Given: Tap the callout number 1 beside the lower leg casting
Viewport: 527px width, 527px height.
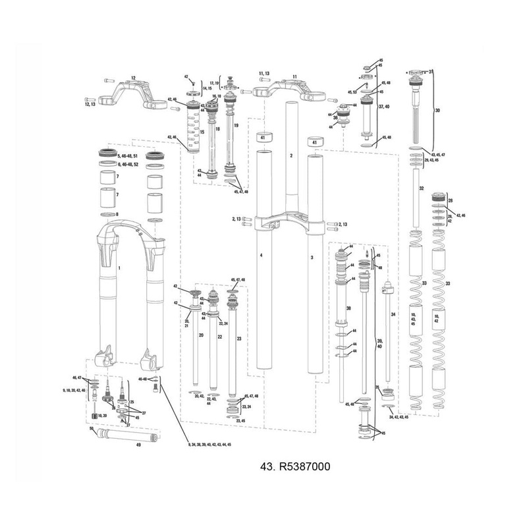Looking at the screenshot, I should pyautogui.click(x=119, y=269).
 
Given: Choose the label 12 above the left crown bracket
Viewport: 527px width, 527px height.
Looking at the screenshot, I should pyautogui.click(x=133, y=78).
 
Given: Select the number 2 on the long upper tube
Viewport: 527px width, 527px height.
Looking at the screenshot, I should pyautogui.click(x=291, y=156).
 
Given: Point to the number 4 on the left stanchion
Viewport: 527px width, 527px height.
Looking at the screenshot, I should pyautogui.click(x=261, y=254).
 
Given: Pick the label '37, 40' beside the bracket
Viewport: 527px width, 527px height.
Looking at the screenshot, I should pyautogui.click(x=385, y=106).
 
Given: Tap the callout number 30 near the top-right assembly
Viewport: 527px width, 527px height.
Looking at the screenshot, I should pyautogui.click(x=437, y=111).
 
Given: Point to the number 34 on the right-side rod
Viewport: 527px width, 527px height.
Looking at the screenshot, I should pyautogui.click(x=393, y=316).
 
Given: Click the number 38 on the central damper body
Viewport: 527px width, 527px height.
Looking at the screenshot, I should pyautogui.click(x=348, y=308).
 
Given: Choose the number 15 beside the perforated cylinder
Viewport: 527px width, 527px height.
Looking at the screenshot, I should pyautogui.click(x=203, y=132).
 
